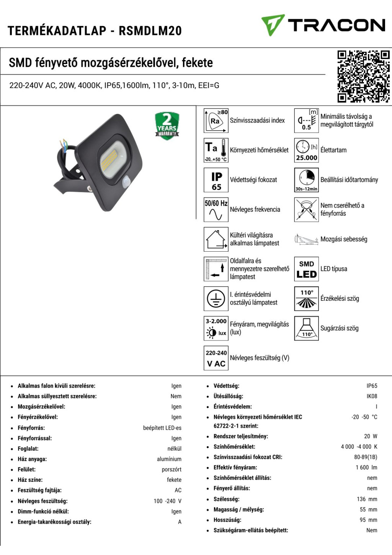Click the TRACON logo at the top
[x=323, y=25]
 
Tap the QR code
[x=363, y=76]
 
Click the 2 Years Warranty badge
[x=167, y=125]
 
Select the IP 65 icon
[x=216, y=180]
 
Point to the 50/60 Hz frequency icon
[x=216, y=210]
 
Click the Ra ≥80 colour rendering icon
[x=216, y=120]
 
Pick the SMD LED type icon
[x=306, y=269]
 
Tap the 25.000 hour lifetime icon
[x=306, y=150]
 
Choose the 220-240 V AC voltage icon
[x=216, y=358]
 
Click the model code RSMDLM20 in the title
[x=150, y=31]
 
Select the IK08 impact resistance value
[x=371, y=396]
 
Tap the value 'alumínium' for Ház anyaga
[x=169, y=459]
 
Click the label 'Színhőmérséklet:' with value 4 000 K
[x=234, y=447]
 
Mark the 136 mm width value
[x=367, y=499]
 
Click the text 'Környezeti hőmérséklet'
[x=259, y=150]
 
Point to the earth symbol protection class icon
[x=216, y=299]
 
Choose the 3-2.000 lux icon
[x=216, y=329]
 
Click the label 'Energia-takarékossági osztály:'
[x=54, y=522]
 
